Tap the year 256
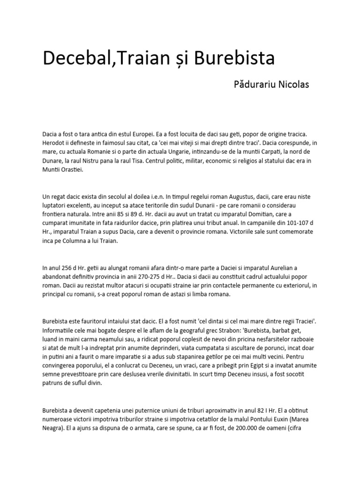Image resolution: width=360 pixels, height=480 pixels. (x=69, y=270)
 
